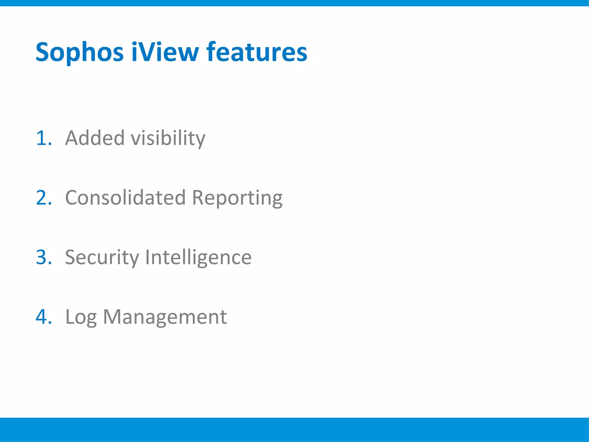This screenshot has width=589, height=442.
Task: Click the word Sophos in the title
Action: (80, 52)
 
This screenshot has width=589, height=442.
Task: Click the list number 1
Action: (43, 138)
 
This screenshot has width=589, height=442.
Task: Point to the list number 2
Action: (43, 198)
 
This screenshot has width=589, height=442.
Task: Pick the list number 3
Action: (43, 257)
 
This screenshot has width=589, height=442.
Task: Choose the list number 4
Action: (43, 317)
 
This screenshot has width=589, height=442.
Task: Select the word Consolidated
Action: (126, 198)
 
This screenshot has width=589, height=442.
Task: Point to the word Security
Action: (102, 258)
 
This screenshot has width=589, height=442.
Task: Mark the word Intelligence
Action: (198, 258)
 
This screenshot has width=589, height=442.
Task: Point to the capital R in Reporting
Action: (199, 198)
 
